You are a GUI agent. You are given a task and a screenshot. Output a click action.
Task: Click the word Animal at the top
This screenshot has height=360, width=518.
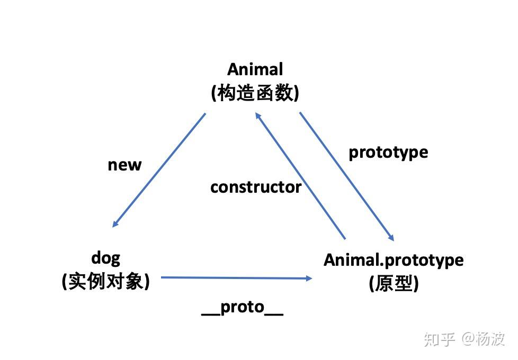pyautogui.click(x=255, y=69)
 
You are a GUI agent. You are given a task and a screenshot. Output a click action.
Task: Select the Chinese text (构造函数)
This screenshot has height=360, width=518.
pyautogui.click(x=255, y=94)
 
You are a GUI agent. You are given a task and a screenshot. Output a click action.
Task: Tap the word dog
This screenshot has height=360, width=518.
pyautogui.click(x=106, y=258)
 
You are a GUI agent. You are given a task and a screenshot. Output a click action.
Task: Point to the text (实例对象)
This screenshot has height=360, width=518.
pyautogui.click(x=106, y=282)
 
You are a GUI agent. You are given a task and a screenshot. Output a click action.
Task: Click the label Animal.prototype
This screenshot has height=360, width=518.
pyautogui.click(x=394, y=260)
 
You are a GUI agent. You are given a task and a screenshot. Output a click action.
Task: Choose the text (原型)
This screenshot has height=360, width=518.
pyautogui.click(x=394, y=284)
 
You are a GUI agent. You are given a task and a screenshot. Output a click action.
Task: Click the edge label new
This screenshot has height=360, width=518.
pyautogui.click(x=124, y=165)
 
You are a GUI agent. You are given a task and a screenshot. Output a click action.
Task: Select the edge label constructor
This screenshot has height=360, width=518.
pyautogui.click(x=256, y=187)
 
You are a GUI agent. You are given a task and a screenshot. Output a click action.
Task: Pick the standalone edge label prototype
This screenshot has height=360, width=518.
pyautogui.click(x=388, y=152)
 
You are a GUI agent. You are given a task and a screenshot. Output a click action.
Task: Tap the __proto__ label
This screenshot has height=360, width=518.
pyautogui.click(x=243, y=308)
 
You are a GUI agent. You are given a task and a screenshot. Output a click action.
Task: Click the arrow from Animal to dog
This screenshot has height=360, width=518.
pyautogui.click(x=159, y=169)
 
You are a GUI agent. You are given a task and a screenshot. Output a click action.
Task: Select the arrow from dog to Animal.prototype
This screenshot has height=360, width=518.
pyautogui.click(x=236, y=277)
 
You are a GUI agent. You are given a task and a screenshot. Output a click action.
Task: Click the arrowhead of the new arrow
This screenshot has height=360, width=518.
pyautogui.click(x=115, y=224)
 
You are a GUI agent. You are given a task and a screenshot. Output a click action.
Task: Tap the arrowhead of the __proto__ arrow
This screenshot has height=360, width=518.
pyautogui.click(x=309, y=277)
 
